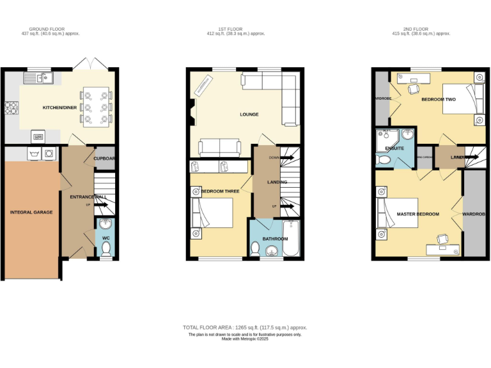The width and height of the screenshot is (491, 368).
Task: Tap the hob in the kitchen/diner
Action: click(x=12, y=109)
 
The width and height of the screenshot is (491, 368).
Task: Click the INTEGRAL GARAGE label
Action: click(x=31, y=212)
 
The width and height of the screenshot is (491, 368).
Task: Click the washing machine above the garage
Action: click(x=49, y=154)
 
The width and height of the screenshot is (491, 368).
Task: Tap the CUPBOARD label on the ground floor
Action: click(x=105, y=159)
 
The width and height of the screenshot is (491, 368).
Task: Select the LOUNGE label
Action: click(x=249, y=114)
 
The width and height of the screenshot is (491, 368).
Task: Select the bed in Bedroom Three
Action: click(x=212, y=213)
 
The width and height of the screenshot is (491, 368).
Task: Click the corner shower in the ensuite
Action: click(x=405, y=136)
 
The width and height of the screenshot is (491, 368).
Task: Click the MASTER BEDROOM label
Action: click(x=417, y=214)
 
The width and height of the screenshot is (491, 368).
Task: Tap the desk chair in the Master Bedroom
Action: click(x=442, y=239)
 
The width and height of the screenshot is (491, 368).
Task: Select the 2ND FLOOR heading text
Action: click(x=416, y=29)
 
